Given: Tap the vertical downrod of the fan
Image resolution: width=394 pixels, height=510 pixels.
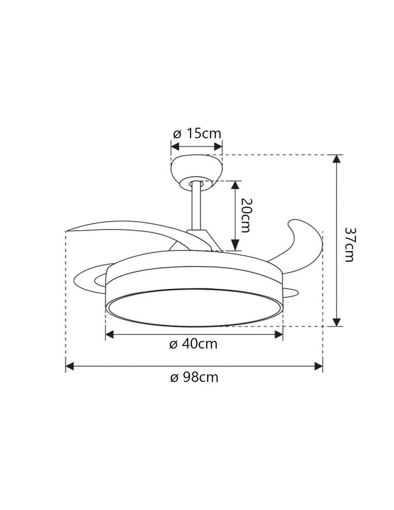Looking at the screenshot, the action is [x=196, y=207].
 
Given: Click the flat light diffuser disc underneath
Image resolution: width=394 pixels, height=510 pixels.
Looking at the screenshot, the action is [x=194, y=307].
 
